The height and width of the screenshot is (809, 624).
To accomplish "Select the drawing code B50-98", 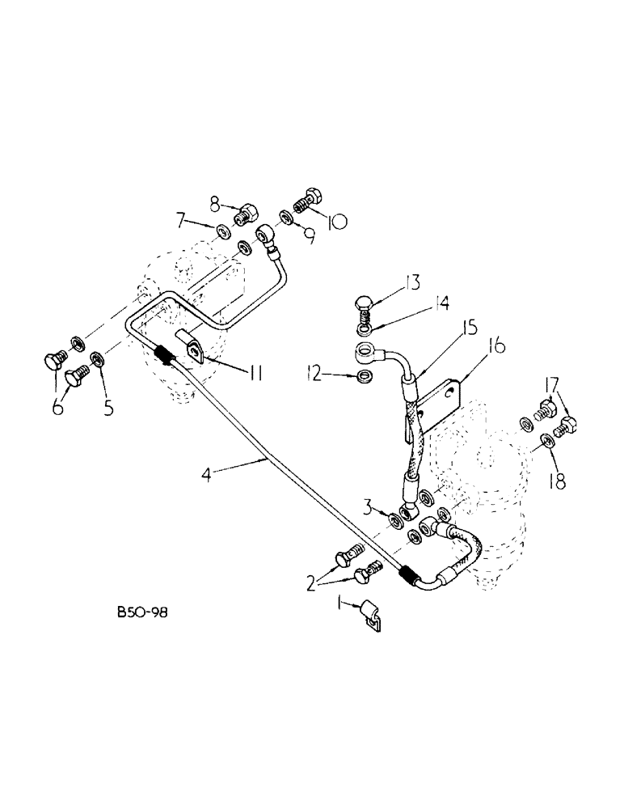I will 142,613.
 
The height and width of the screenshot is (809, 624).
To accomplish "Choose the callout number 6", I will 58,408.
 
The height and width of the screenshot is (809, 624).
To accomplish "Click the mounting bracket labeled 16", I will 444,400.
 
